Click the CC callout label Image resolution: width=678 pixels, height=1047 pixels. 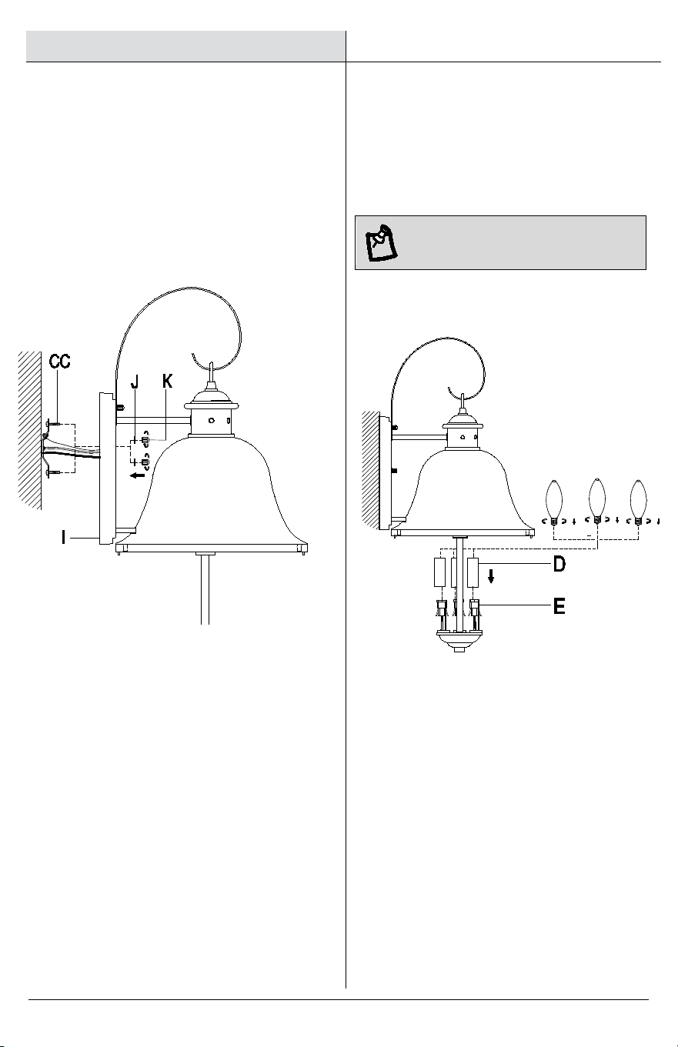click(x=60, y=362)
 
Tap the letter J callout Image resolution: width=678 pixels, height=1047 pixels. click(x=135, y=382)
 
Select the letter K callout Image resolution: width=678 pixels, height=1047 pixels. click(x=167, y=382)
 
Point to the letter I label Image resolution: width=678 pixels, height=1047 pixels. click(x=63, y=538)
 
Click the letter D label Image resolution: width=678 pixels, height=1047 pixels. click(x=559, y=564)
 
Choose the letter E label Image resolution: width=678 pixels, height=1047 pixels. click(x=559, y=607)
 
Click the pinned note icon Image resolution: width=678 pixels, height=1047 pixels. click(x=381, y=242)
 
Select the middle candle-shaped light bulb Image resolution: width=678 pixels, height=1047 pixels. click(x=596, y=502)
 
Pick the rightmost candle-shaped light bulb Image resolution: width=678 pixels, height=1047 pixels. click(x=638, y=503)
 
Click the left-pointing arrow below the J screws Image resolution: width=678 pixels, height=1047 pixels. click(x=138, y=475)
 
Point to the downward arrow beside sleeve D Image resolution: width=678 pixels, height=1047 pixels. click(x=491, y=577)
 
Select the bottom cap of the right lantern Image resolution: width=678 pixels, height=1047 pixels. click(x=459, y=640)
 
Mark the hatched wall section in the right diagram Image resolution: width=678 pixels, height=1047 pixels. click(x=371, y=470)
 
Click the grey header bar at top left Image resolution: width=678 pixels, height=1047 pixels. click(x=185, y=46)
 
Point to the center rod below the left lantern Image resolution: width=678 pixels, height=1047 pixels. click(x=205, y=589)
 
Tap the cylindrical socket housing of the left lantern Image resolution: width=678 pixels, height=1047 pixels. click(x=212, y=420)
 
